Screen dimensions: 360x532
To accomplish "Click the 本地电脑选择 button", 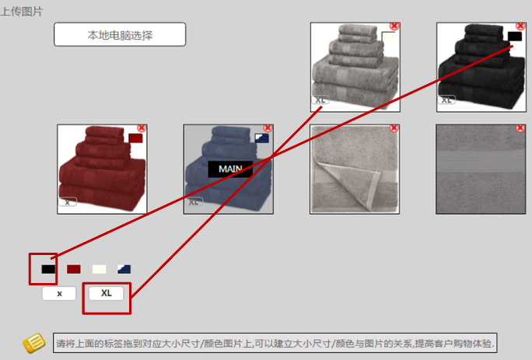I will coord(120,35).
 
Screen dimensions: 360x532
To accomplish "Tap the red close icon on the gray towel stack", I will coord(394,26).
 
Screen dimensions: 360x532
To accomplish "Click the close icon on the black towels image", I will coord(520,26).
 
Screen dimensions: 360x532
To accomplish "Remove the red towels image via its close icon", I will coord(142,128).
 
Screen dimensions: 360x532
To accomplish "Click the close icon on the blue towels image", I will coord(268,128).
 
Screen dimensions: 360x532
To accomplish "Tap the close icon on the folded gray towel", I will coord(394,128).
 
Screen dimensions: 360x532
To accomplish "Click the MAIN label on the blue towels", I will coord(230,169).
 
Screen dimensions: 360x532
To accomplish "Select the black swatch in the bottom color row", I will coord(48,269).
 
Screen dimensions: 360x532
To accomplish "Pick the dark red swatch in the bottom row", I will coord(74,269).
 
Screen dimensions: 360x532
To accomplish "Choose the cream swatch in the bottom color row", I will coord(99,269).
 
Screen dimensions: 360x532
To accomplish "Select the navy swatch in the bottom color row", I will coord(124,269).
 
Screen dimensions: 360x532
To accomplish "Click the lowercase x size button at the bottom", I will coord(60,293).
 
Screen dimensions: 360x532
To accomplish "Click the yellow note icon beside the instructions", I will coord(33,343).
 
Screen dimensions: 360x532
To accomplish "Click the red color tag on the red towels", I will coord(135,138).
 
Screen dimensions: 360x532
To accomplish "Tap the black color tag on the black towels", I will coord(514,36).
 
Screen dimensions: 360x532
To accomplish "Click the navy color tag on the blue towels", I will coord(261,138).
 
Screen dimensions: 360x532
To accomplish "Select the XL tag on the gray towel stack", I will coord(320,100).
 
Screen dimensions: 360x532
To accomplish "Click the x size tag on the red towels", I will coord(68,202).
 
